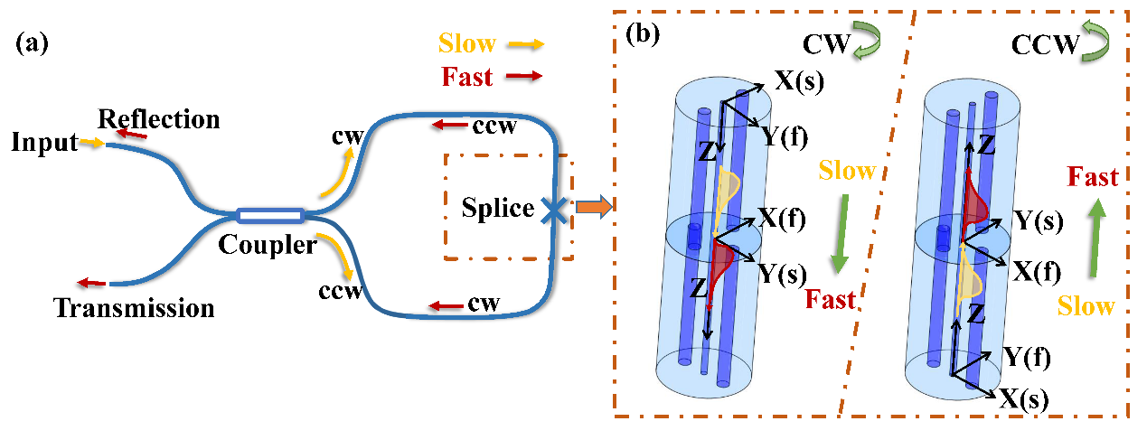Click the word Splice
coord(498,209)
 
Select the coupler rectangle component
coord(269,215)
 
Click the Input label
coord(44,142)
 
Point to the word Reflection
coord(159,118)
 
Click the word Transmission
coord(135,308)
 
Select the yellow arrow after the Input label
coord(90,142)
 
